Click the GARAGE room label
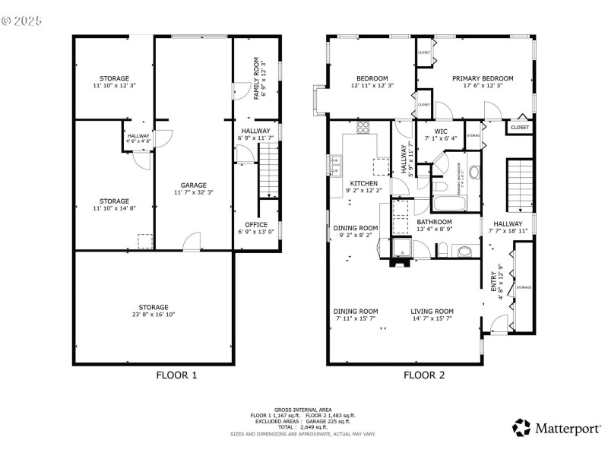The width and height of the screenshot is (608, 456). point(194,185)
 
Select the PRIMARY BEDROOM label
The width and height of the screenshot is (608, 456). point(483,78)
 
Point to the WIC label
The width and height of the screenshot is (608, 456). point(441,131)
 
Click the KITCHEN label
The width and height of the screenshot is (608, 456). point(363,184)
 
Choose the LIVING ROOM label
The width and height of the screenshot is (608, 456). point(432,311)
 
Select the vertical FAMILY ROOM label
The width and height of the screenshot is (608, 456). point(256,78)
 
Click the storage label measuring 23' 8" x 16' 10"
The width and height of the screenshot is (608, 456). point(153,307)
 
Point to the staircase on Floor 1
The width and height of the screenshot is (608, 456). point(270,172)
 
